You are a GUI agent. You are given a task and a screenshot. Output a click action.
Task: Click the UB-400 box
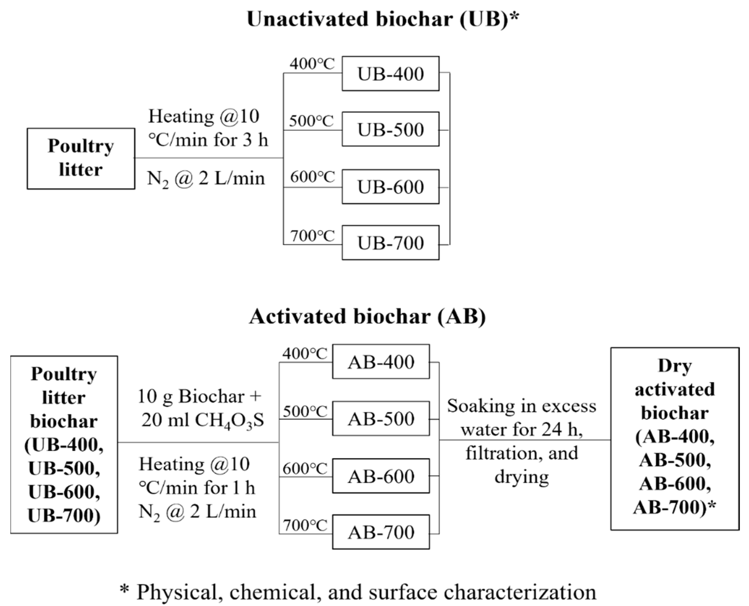390,74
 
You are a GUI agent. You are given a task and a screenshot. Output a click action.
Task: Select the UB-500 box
390,129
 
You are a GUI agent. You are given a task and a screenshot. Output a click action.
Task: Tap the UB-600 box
390,187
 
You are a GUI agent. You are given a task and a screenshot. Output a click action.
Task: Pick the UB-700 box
390,243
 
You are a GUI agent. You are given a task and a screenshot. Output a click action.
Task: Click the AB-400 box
381,362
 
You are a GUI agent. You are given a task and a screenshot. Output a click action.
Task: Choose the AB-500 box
381,418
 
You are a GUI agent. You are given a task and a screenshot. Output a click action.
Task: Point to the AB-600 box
381,476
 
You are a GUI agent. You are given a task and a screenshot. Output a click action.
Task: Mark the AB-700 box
381,532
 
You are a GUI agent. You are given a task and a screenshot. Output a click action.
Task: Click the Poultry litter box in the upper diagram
81,158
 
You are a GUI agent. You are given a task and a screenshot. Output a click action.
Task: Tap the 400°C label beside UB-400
312,64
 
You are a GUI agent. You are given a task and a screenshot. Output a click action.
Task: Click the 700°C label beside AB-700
305,525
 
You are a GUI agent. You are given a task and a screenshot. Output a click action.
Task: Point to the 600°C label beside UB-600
312,177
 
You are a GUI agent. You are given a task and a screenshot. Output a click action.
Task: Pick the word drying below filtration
521,477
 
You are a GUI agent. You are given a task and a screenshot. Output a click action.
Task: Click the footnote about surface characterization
358,592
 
